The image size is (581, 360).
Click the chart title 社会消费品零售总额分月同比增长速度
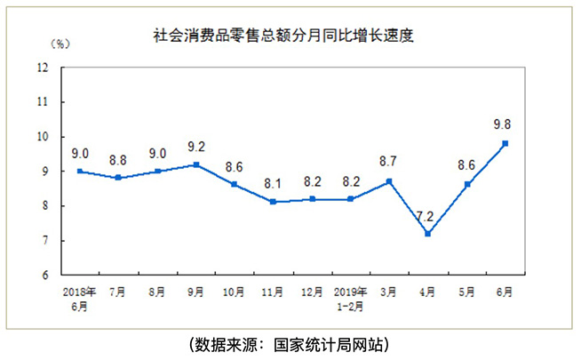285,37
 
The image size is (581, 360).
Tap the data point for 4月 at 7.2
428,234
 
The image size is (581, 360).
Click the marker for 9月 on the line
195,164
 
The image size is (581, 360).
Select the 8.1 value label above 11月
273,184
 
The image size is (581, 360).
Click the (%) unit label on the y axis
60,42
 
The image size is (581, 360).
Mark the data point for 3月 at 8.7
389,181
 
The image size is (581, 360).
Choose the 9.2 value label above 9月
195,147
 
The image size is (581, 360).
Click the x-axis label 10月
235,292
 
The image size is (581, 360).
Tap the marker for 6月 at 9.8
505,143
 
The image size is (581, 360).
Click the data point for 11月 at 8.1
273,202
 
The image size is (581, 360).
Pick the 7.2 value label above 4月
428,216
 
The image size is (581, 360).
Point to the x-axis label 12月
312,292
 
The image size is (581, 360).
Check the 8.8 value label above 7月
118,160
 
